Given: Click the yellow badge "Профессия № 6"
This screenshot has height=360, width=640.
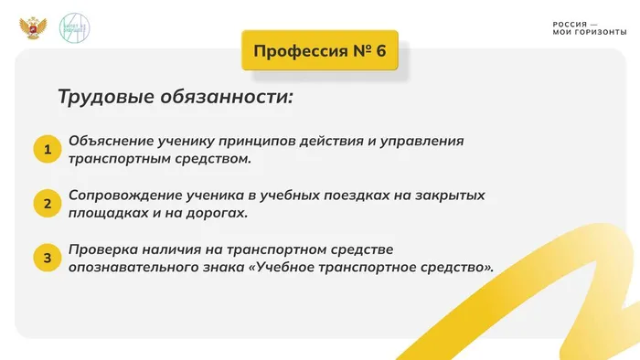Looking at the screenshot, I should [x=320, y=51].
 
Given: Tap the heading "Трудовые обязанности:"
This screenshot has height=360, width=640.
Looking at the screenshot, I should [x=176, y=97].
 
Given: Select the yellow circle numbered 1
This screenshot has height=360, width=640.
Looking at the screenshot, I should [x=47, y=150].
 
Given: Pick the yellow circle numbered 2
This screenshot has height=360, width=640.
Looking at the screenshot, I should [x=47, y=204].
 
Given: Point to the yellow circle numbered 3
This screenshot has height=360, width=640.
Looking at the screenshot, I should [x=47, y=259].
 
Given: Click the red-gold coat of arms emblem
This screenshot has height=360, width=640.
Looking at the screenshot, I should [x=33, y=26].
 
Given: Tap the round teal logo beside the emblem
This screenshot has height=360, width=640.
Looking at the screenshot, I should [x=74, y=26].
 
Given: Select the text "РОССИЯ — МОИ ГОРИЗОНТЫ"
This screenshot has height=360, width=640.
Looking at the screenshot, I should [x=590, y=28].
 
